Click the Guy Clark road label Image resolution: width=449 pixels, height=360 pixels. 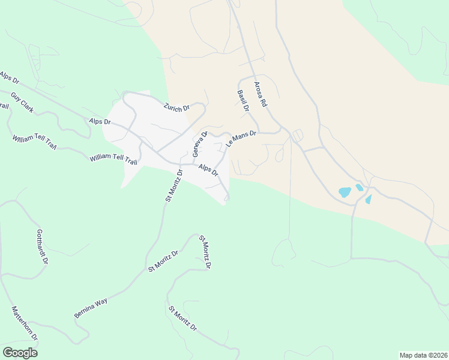(22, 103)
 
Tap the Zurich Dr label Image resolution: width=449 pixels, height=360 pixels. (176, 107)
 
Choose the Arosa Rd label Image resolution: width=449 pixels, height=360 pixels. (259, 94)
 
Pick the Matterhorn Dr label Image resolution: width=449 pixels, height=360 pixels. (25, 324)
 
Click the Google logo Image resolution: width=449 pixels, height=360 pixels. (20, 353)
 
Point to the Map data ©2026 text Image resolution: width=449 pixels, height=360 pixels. (423, 355)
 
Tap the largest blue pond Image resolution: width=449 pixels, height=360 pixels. (345, 193)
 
